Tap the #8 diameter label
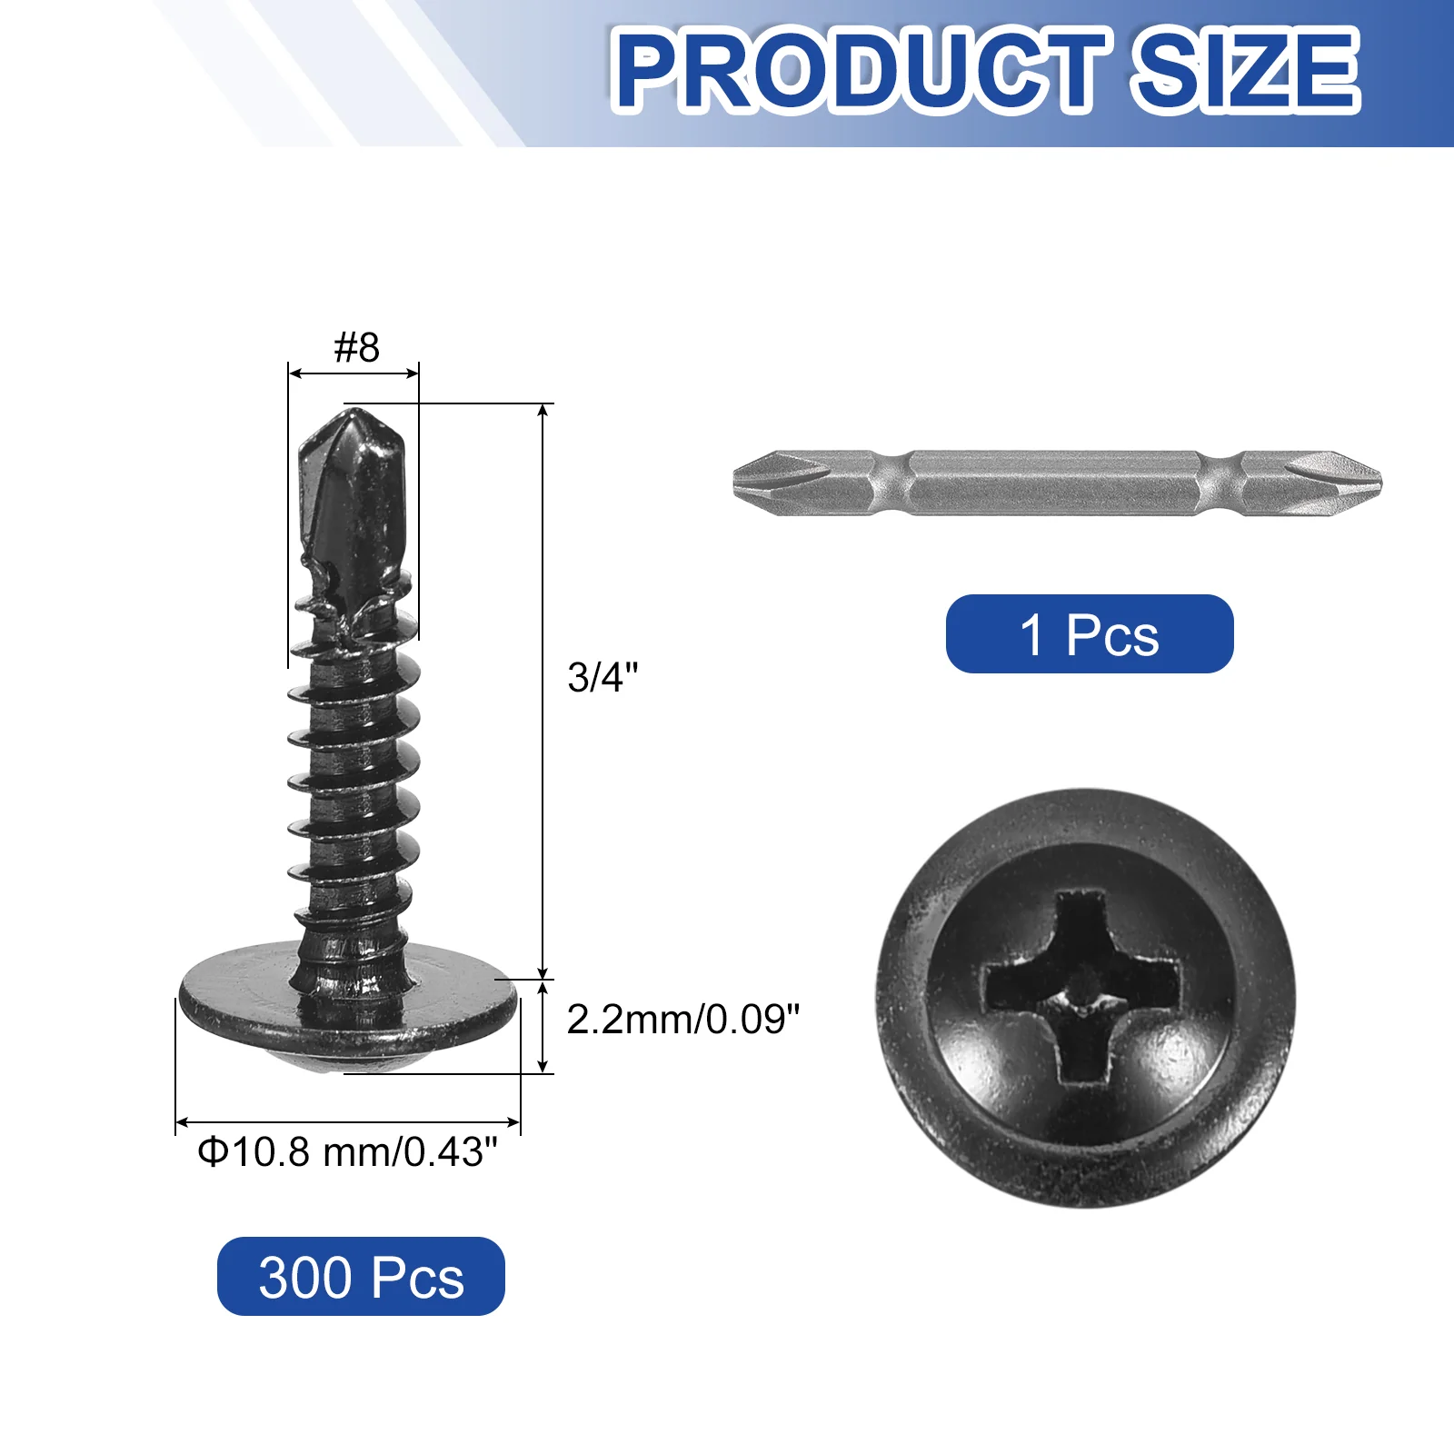coord(356,347)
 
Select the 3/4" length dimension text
coord(603,677)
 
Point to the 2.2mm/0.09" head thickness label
coord(683,1020)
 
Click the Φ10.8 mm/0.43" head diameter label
coord(348,1152)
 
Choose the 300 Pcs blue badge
coord(361,1276)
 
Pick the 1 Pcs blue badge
coord(1090,633)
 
